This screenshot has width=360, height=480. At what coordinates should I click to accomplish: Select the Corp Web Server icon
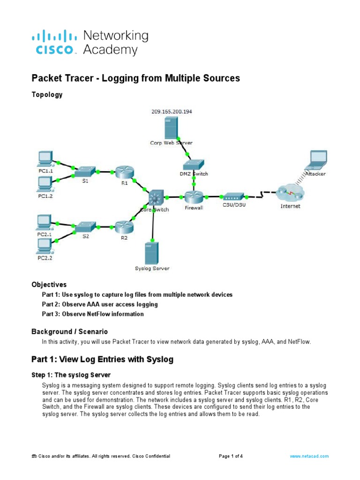click(x=171, y=128)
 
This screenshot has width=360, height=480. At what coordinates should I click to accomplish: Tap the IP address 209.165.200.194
click(x=172, y=112)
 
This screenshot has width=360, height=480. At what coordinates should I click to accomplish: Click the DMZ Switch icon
click(x=193, y=164)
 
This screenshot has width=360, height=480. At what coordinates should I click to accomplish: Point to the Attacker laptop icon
click(x=316, y=160)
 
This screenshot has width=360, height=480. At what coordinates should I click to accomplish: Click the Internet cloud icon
click(x=290, y=194)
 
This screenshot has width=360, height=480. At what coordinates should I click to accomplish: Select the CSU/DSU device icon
click(x=231, y=197)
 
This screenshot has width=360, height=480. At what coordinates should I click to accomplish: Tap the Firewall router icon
click(x=193, y=197)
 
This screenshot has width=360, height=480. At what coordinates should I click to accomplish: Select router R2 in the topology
click(x=124, y=227)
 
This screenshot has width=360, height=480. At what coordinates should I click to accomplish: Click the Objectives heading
click(x=49, y=285)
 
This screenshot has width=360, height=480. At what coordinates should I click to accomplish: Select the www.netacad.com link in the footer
click(x=309, y=456)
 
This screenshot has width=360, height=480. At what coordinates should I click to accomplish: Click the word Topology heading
click(x=47, y=95)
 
